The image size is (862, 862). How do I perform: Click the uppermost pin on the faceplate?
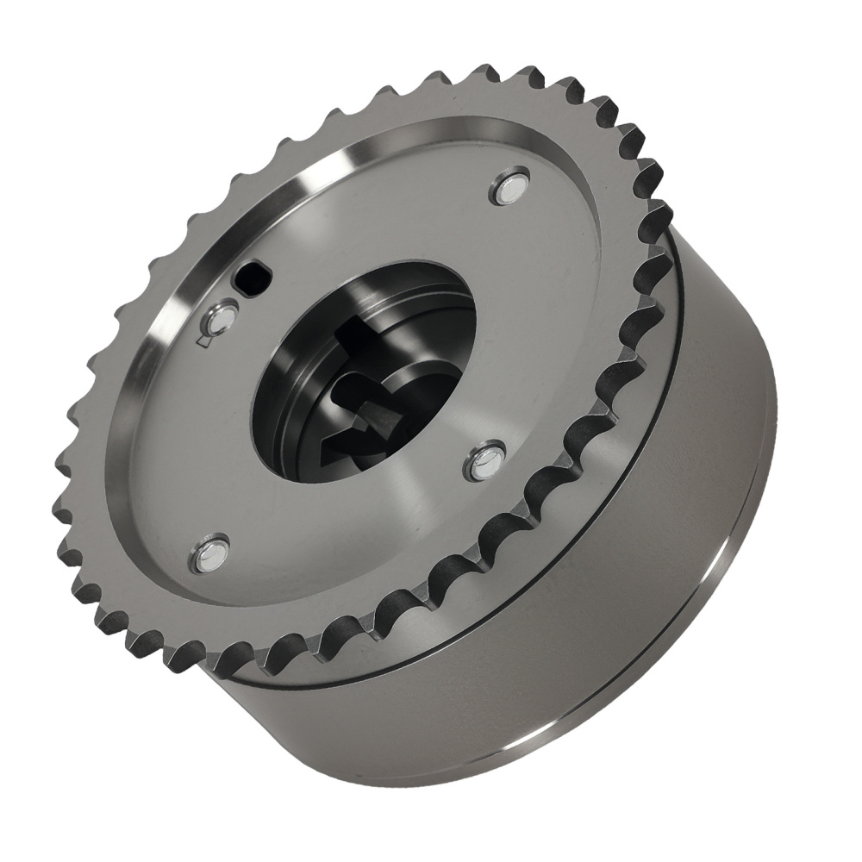pos(509,190)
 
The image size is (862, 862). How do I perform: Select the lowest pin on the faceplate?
pos(209,554)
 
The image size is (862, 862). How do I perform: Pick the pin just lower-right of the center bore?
pos(484,463)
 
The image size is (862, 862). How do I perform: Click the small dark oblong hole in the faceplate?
pos(253,278)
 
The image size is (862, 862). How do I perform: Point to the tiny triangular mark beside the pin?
pos(203,342)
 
